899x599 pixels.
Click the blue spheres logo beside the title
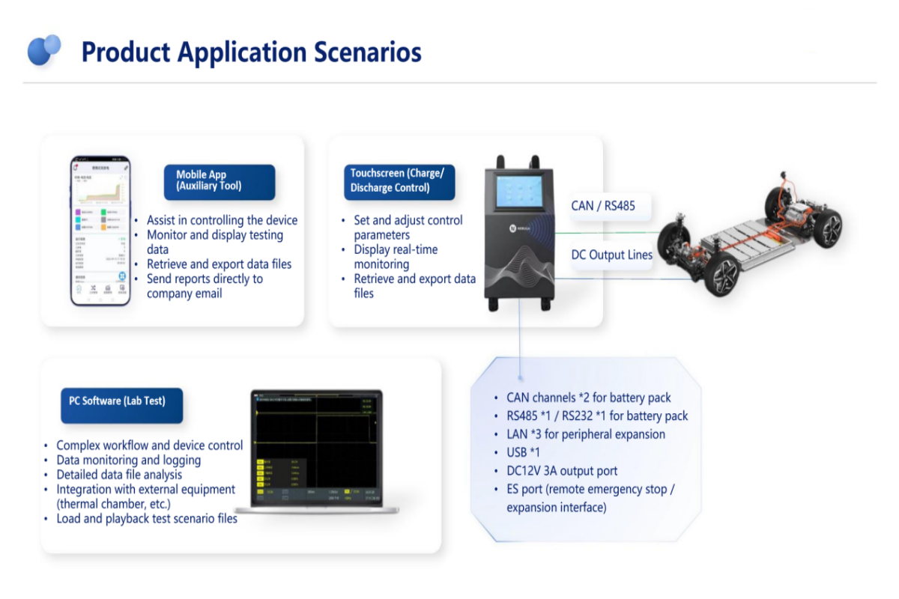point(43,50)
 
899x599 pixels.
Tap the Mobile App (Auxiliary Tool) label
point(220,181)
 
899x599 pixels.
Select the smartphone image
point(100,231)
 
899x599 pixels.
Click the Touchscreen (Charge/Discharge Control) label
point(399,181)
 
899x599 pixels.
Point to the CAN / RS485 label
point(603,206)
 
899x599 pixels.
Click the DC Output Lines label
point(611,255)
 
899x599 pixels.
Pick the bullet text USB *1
point(523,453)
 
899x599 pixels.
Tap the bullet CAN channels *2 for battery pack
point(588,398)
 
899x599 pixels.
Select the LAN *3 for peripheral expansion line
point(585,434)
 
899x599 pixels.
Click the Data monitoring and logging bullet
point(128,460)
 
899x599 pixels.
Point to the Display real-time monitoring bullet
point(396,257)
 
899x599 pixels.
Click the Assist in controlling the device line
point(222,221)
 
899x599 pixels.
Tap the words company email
point(184,294)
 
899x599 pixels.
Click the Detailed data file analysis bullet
point(119,475)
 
